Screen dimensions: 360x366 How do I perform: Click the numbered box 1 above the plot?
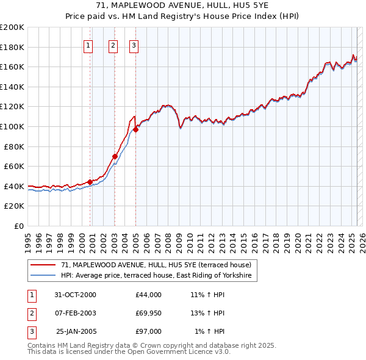[x=88, y=45]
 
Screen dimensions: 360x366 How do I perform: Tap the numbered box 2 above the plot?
[x=113, y=45]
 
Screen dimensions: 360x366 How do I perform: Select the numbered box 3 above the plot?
[x=134, y=45]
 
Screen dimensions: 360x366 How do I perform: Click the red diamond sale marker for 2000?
[x=90, y=182]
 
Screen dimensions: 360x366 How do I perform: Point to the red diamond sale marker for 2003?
[x=115, y=156]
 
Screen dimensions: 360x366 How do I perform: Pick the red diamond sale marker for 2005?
[x=136, y=129]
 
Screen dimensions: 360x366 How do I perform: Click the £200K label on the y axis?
[x=12, y=27]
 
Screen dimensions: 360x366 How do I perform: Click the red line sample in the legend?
[x=43, y=265]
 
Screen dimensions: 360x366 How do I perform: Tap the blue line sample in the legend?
[x=43, y=276]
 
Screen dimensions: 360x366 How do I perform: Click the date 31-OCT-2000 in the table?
[x=75, y=295]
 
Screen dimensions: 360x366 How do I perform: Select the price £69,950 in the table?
[x=149, y=313]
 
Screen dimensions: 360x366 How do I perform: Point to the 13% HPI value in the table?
[x=207, y=313]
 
